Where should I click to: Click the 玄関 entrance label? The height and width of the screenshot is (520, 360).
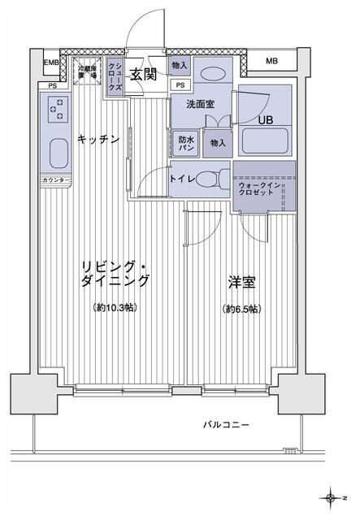coord(143,75)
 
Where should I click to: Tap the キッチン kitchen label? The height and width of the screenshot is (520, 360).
coord(98,140)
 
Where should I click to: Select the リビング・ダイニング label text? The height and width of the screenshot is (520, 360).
coord(115,274)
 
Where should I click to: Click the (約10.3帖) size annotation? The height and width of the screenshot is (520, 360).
coord(115,310)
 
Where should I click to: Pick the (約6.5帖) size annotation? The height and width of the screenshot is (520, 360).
coord(241,310)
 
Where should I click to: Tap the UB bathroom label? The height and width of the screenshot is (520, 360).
coord(266,120)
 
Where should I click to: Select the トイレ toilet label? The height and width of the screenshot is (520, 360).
coord(180,178)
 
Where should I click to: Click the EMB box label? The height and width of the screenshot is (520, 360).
coord(51,63)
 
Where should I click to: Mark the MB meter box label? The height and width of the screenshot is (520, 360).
coord(271,62)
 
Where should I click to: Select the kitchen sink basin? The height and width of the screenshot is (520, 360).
coord(59,152)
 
